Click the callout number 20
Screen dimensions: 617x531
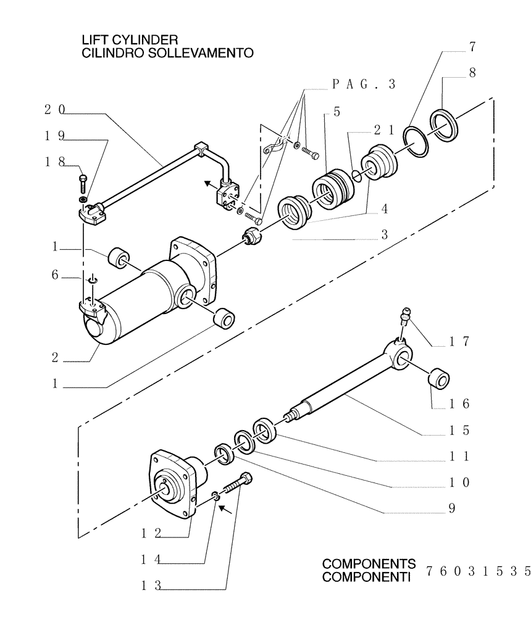pos(55,110)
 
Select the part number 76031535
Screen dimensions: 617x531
pos(478,569)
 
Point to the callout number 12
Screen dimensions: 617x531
pos(149,533)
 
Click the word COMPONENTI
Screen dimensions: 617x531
pos(367,578)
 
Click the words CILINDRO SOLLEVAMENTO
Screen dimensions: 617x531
pos(167,54)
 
